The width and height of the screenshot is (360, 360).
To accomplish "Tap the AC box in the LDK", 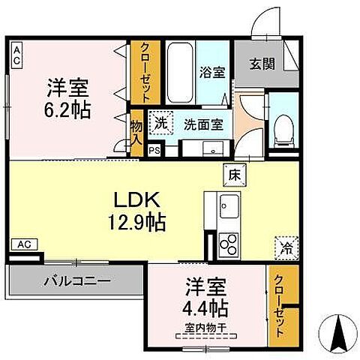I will pos(23,244).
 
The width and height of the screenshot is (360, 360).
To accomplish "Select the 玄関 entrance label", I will pos(262,64).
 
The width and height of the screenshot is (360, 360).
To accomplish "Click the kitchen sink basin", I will pos(228,205).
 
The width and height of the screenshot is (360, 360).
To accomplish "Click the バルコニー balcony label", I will pos(75,283).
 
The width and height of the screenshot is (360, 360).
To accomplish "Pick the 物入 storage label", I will pos(136,135).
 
